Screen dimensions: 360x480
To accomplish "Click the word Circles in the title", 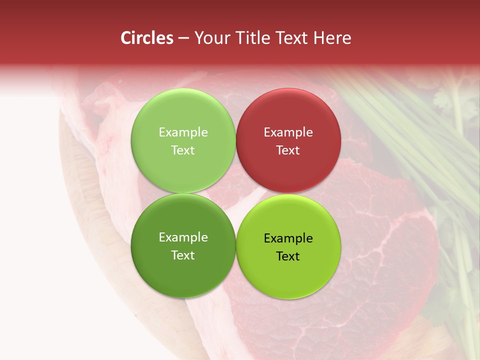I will click(146, 38).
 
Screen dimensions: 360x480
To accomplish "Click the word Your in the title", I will click(210, 38).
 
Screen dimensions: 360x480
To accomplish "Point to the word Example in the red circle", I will click(288, 132).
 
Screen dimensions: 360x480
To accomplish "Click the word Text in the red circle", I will click(288, 150).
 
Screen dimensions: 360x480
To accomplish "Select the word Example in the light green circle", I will click(183, 132).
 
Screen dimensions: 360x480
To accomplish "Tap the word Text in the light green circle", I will click(183, 150).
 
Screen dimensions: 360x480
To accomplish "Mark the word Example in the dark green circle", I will click(183, 237).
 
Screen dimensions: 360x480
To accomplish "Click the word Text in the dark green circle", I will click(183, 255).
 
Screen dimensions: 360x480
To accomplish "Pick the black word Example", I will click(288, 238).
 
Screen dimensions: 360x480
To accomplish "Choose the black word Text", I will click(288, 256).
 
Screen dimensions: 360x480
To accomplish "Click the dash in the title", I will click(183, 38).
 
